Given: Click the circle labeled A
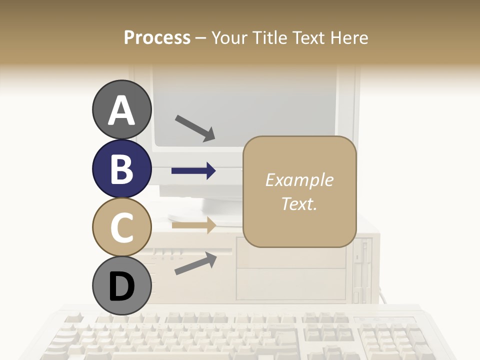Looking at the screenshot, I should click(x=121, y=109).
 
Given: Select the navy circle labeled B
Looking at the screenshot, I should click(x=121, y=168).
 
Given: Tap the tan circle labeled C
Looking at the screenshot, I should click(x=121, y=227).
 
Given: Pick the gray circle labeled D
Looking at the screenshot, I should click(x=121, y=286).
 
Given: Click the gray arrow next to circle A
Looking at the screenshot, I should click(x=195, y=127).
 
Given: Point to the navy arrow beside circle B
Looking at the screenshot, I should click(x=193, y=171).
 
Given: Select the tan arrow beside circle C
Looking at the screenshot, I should click(x=193, y=225).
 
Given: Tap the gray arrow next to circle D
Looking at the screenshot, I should click(x=195, y=263).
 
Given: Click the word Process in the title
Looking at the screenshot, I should click(x=157, y=37).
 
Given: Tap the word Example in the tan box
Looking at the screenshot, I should click(x=299, y=180).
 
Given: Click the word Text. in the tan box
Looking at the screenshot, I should click(x=299, y=203).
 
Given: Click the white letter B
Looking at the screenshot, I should click(x=121, y=168).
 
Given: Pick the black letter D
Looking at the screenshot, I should click(x=121, y=286).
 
